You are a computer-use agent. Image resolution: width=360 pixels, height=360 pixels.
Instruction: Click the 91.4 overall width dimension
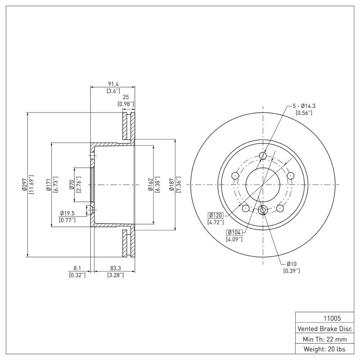coord(113,84)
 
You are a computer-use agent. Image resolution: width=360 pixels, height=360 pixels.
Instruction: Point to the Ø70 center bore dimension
coord(72,185)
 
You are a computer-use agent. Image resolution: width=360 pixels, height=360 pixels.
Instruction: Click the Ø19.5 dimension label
coord(67,214)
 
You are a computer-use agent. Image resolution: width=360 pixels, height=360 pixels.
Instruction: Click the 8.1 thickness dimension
coord(77,269)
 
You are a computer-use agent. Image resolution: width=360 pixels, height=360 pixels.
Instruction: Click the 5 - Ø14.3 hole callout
coord(304,106)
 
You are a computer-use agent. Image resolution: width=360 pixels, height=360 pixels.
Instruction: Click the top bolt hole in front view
coord(263,156)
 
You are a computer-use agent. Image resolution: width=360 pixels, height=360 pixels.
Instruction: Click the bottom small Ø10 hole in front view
coord(263,210)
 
